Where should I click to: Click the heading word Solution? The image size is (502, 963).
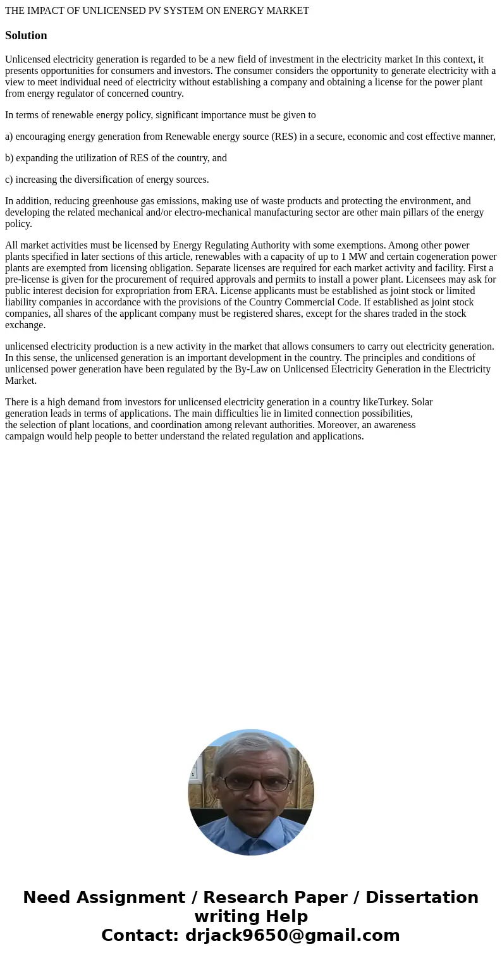[26, 35]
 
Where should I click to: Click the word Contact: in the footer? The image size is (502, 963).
[140, 936]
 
